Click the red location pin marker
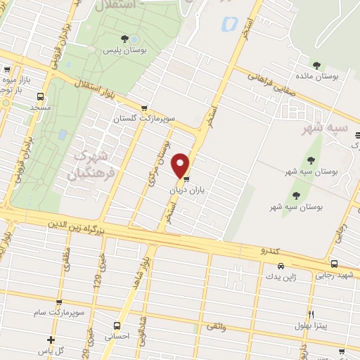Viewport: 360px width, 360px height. (181, 165)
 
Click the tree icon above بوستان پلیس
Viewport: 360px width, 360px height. (124, 39)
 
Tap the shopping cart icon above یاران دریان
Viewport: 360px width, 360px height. (186, 180)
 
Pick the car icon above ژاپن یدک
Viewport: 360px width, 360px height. (281, 266)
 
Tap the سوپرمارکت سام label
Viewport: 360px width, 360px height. (62, 310)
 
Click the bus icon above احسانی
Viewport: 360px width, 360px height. (117, 325)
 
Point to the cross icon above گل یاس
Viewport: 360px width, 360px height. (51, 340)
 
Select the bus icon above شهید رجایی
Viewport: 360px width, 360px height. (334, 264)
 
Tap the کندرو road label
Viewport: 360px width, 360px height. (271, 250)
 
